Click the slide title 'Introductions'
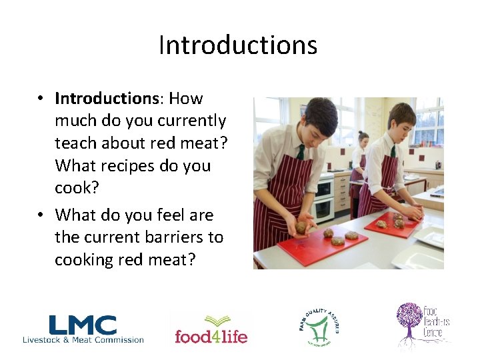point(238,45)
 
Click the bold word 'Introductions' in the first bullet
point(105,99)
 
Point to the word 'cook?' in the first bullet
point(77,188)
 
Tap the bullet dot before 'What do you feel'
point(41,215)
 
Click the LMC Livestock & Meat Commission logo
point(83,329)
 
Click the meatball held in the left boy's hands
point(301,227)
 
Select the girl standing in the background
point(361,160)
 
